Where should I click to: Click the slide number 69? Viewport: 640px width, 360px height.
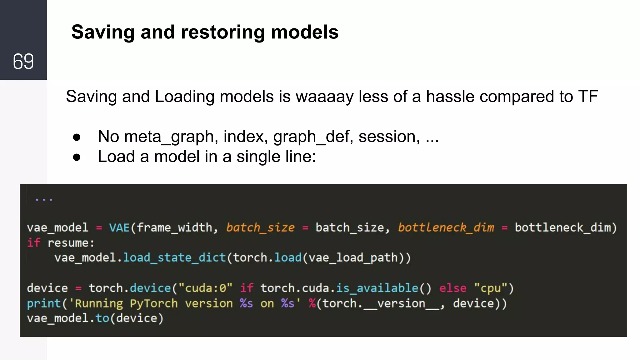pyautogui.click(x=23, y=61)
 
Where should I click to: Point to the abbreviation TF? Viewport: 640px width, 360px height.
pyautogui.click(x=588, y=97)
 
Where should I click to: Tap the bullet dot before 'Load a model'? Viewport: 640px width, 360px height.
pyautogui.click(x=77, y=157)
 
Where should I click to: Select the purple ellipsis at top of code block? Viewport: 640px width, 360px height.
pyautogui.click(x=44, y=199)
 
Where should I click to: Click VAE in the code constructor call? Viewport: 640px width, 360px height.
pyautogui.click(x=119, y=227)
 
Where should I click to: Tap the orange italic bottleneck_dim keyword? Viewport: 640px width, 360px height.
pyautogui.click(x=446, y=227)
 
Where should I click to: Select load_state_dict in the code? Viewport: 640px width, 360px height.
pyautogui.click(x=174, y=258)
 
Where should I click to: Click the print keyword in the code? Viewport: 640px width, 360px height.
pyautogui.click(x=44, y=303)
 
